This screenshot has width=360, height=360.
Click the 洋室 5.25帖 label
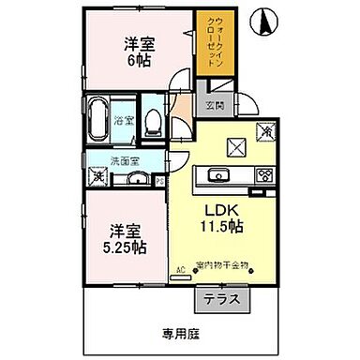tap(125, 239)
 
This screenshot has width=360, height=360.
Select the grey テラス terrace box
tap(220, 299)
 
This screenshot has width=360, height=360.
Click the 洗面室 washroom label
tap(122, 159)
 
